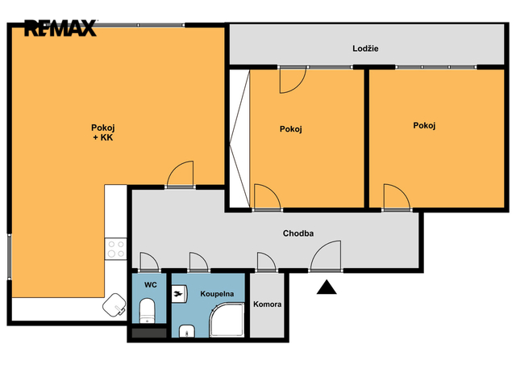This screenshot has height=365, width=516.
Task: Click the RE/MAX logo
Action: coord(60,28)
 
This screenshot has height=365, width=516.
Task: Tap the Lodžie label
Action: coord(365,48)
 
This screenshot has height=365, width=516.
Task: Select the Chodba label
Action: coord(298,233)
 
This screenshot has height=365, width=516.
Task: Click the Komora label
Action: coord(267,304)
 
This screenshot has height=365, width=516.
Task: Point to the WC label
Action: coord(151,285)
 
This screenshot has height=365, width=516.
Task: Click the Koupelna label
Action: coord(217,294)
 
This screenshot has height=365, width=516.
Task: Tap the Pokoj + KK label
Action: coord(103,132)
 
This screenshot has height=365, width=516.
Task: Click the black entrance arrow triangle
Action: coord(327,287)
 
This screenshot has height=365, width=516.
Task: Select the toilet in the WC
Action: coord(147,311)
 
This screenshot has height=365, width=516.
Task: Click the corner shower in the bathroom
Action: coord(227,320)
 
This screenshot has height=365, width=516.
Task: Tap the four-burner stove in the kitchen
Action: coord(116,249)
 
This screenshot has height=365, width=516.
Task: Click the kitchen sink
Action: coord(114,304)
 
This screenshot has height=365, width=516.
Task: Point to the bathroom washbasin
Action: coord(186,331)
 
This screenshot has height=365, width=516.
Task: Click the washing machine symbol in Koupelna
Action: coord(180,294)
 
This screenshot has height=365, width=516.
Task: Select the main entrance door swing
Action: coord(326,256)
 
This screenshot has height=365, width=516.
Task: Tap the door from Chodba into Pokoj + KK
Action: coord(180,174)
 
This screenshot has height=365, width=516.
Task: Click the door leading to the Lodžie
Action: coord(293,80)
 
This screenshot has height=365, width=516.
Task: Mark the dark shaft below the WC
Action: coord(149,333)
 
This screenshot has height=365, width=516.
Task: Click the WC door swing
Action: coord(149,262)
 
